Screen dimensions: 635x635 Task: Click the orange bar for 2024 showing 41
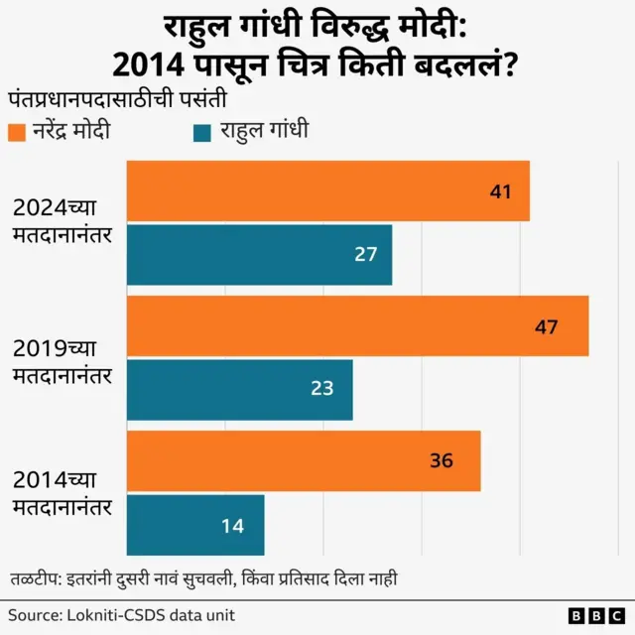point(327,190)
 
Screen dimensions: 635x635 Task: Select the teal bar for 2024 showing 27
point(259,255)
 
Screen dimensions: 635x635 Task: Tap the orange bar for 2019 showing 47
point(357,325)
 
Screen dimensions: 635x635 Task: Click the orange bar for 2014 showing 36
point(304,460)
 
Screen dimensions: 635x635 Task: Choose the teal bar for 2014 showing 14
point(195,525)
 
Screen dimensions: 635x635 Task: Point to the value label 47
point(546,326)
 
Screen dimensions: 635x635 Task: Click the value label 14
point(232,526)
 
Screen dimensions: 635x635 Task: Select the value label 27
point(366,255)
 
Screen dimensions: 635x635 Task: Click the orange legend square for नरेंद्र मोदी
point(16,132)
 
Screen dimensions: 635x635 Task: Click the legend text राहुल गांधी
point(265,131)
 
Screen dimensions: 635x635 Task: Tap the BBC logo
point(593,616)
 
